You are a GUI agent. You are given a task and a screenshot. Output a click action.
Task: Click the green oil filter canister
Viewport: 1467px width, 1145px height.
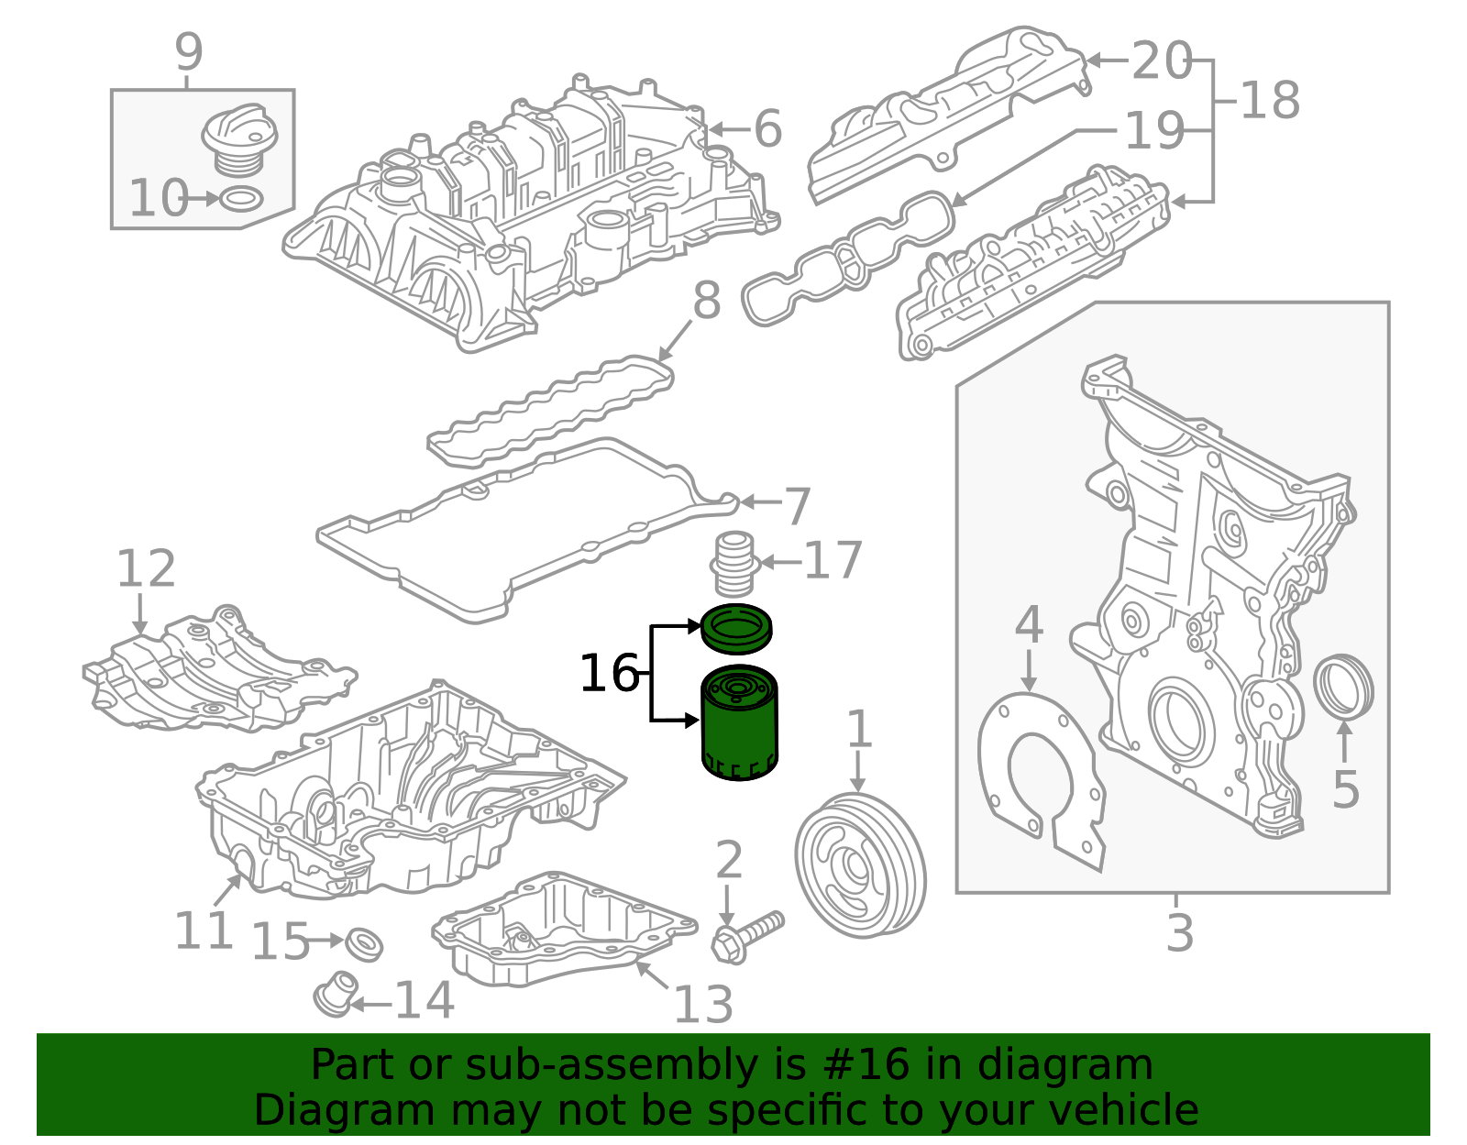pos(740,722)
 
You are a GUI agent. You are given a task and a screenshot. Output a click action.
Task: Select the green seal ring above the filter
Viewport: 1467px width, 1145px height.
pos(736,629)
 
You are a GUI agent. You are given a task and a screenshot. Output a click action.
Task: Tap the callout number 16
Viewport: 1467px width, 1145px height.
pos(610,673)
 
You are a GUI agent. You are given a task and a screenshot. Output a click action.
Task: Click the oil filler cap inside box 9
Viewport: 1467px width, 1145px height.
pos(239,139)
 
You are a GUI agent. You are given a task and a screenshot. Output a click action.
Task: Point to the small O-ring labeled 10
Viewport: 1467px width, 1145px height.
pos(242,198)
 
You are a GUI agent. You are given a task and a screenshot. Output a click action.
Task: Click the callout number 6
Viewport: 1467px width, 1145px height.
pos(767,128)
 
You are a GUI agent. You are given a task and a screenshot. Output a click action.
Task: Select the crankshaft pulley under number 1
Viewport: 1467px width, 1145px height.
pos(860,865)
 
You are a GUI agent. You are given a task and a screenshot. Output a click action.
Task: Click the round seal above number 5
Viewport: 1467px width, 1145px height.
pos(1343,691)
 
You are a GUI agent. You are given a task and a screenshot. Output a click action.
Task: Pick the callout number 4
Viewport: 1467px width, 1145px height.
pos(1029,624)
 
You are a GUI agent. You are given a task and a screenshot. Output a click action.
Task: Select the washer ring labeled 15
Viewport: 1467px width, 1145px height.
pos(364,944)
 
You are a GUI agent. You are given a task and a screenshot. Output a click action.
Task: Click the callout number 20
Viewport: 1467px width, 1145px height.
pos(1162,61)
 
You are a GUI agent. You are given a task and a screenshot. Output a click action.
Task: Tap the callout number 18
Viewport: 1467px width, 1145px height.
pos(1270,100)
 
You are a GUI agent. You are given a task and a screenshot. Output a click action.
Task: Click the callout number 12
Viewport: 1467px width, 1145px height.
pos(146,568)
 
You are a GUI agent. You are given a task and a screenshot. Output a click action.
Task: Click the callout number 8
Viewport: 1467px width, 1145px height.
pos(707,301)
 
